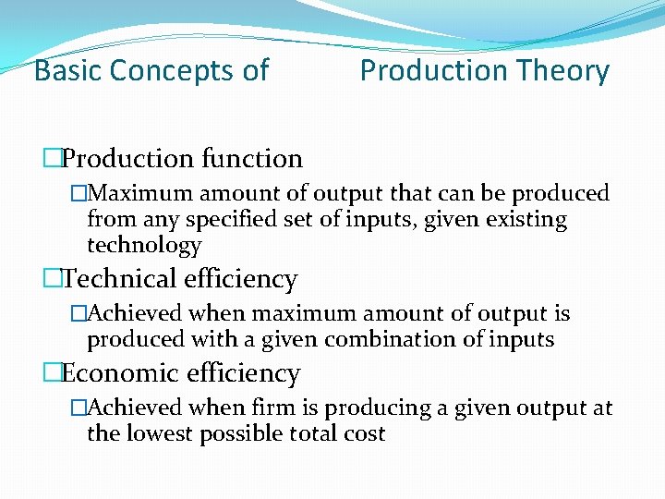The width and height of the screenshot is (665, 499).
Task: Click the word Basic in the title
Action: point(66,70)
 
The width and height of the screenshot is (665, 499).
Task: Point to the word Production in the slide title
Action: point(431,70)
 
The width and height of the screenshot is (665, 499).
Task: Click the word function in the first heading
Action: point(254,159)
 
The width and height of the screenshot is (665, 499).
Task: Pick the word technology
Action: point(144,246)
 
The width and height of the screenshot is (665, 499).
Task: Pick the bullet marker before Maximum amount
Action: point(79,194)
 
